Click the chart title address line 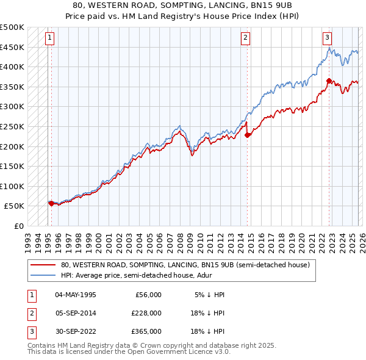pyautogui.click(x=183, y=5)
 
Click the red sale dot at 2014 pyautogui.click(x=247, y=135)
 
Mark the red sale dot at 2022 pyautogui.click(x=329, y=81)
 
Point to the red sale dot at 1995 pyautogui.click(x=51, y=204)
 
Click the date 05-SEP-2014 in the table pyautogui.click(x=75, y=313)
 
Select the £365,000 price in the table pyautogui.click(x=146, y=331)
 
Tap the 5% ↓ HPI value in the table pyautogui.click(x=209, y=295)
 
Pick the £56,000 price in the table pyautogui.click(x=148, y=295)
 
